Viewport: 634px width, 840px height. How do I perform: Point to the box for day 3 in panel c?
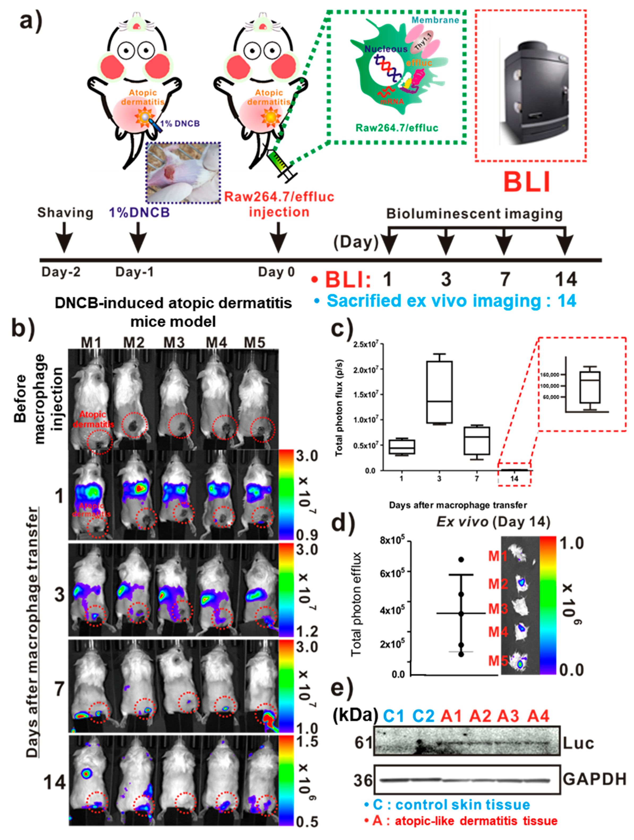439,392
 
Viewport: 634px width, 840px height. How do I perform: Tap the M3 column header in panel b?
174,342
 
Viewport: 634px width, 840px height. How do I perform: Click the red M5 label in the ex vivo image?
498,661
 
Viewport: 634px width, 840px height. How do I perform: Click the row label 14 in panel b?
55,782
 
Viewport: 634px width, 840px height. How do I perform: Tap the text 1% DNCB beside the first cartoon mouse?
179,123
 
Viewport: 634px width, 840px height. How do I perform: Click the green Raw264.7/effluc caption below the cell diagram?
397,128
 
